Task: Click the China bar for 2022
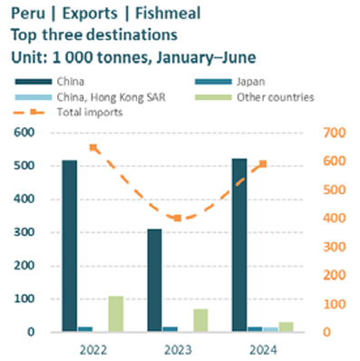pos(69,246)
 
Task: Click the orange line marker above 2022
pos(93,147)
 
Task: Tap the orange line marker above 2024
pos(264,164)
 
